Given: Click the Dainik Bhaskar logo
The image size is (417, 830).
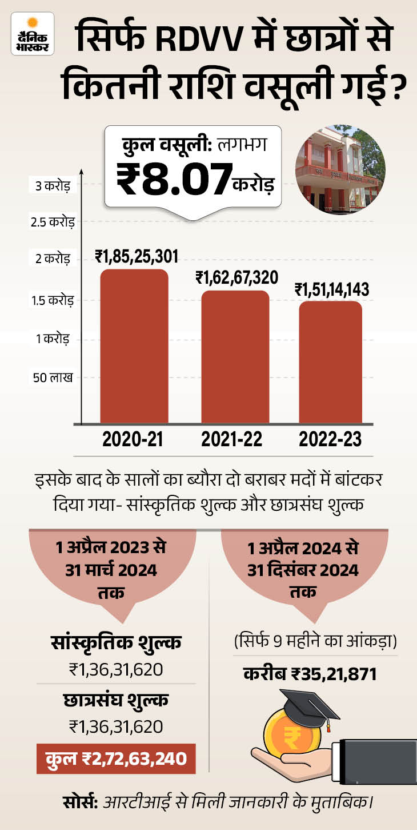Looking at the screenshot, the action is click(33, 34).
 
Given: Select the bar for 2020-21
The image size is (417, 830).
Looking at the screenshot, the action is click(134, 346).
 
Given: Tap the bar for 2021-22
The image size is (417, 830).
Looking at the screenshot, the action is click(235, 357).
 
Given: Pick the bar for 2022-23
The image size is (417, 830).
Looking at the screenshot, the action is click(330, 362).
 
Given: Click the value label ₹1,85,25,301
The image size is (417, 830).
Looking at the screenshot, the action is click(137, 256).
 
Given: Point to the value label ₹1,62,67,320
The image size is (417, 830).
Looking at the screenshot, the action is click(237, 277).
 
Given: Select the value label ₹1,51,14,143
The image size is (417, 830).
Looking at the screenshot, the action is click(332, 289).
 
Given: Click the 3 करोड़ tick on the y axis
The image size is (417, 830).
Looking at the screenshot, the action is click(53, 186).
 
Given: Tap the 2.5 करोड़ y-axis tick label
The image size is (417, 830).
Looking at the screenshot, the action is click(53, 222).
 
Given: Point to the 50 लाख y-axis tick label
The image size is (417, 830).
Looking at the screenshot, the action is click(53, 378).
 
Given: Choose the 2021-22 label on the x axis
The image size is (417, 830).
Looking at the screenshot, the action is click(231, 439).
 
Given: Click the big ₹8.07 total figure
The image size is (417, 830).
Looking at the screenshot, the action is click(174, 180).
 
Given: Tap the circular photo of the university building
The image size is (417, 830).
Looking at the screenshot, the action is click(340, 170).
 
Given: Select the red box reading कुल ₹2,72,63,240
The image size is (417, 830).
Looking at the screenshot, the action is click(116, 758).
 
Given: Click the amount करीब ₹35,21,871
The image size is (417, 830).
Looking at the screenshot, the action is click(310, 674).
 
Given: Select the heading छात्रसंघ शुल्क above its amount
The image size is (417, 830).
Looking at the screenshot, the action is click(116, 700).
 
